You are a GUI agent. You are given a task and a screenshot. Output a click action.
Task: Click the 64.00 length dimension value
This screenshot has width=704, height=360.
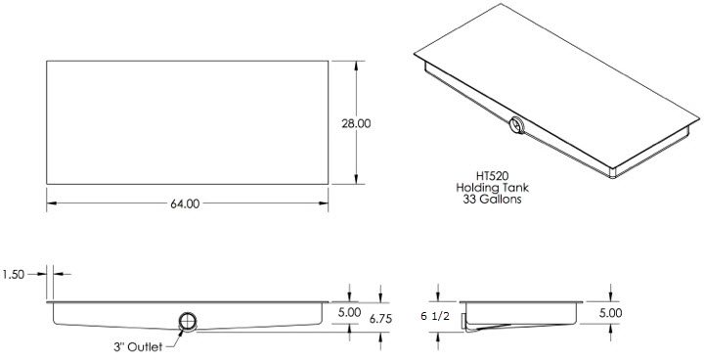[185, 203]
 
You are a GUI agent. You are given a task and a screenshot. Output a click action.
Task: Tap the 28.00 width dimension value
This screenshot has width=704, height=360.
[356, 123]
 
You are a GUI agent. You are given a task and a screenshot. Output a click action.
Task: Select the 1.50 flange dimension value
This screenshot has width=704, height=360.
[14, 274]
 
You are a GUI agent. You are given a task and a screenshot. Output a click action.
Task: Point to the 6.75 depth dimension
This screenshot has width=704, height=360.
[380, 319]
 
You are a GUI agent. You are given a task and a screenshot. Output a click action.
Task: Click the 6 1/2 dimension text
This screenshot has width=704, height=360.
[434, 316]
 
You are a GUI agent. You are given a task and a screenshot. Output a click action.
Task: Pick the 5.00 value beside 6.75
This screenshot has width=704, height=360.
[349, 312]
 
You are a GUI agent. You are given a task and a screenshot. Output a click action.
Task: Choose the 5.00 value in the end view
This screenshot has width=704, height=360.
[610, 313]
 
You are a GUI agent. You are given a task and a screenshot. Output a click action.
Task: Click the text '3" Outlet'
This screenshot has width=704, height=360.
[138, 347]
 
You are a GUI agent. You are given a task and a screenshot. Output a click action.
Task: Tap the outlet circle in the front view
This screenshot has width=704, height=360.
[188, 322]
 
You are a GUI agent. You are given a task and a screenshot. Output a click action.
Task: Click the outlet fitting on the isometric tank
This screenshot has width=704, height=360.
[517, 125]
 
